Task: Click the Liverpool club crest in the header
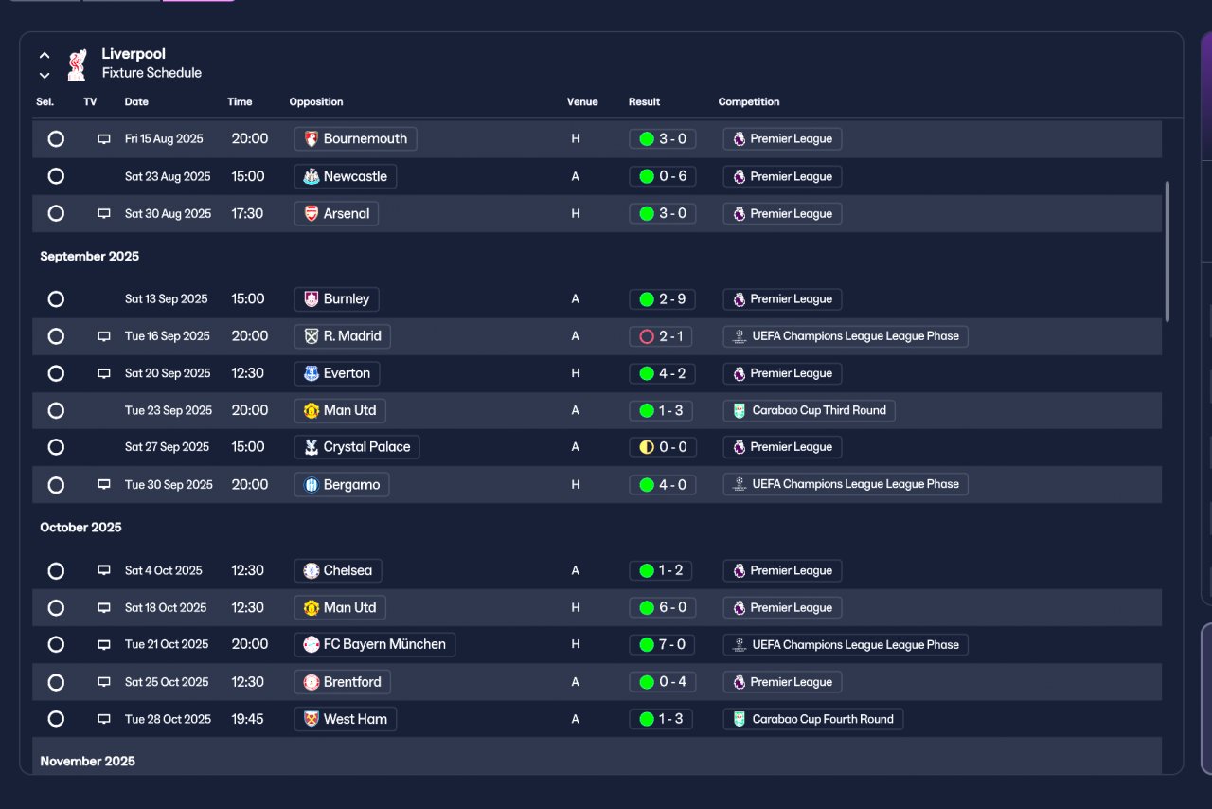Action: [77, 65]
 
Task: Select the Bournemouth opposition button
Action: [355, 138]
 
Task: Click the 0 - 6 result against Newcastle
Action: [662, 176]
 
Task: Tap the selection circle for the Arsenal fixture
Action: [56, 213]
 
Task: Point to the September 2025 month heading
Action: [89, 256]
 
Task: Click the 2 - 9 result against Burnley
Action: [662, 299]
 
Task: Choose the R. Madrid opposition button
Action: [343, 336]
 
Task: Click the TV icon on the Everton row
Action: [104, 373]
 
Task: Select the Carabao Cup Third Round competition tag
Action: [809, 410]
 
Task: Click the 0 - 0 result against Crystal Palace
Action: [662, 447]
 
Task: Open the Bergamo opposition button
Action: [342, 485]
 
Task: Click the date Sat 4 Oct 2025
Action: [164, 570]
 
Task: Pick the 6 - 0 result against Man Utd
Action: [662, 607]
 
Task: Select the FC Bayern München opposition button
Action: [375, 644]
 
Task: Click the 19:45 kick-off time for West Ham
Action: [247, 719]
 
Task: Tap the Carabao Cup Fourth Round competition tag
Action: [812, 719]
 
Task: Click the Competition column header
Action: [749, 101]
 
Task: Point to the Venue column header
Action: [582, 101]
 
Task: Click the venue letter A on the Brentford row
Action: [575, 682]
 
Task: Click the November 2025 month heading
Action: [88, 762]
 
